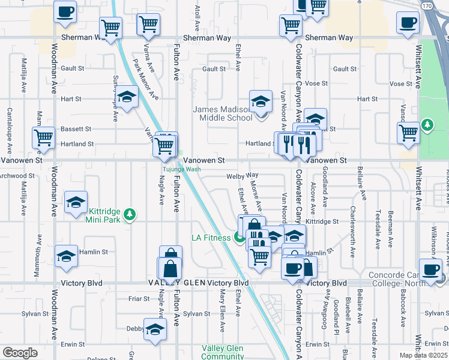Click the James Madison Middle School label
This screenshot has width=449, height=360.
coord(223,113)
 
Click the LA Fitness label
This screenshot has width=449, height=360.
coord(211,238)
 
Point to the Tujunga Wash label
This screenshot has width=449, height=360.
coord(180,169)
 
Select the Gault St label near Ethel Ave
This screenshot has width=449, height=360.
coord(214,69)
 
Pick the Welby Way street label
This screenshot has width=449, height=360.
coord(242,176)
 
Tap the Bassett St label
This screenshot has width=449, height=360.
coord(76,129)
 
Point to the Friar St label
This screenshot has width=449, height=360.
coord(138,298)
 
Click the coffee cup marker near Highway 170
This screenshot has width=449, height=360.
coord(408,23)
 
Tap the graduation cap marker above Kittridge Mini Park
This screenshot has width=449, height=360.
coord(76,203)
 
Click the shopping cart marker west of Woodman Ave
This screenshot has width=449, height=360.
coord(44,138)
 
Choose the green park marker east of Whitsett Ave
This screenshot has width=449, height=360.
coord(427,125)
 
